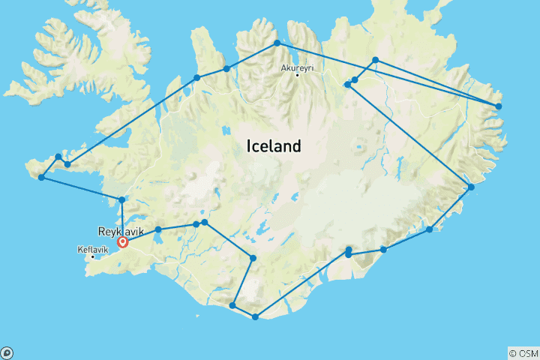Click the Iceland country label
pyautogui.click(x=273, y=146)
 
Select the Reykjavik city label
pyautogui.click(x=121, y=232)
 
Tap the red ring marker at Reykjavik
pyautogui.click(x=122, y=242)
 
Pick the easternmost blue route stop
pyautogui.click(x=499, y=106)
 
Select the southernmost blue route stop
pyautogui.click(x=256, y=317)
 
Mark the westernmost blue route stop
pyautogui.click(x=41, y=177)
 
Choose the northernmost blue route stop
pyautogui.click(x=277, y=43)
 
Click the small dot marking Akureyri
pyautogui.click(x=298, y=75)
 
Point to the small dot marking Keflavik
pyautogui.click(x=93, y=257)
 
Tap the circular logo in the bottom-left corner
pyautogui.click(x=7, y=352)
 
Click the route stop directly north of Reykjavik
pyautogui.click(x=121, y=199)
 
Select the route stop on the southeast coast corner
pyautogui.click(x=471, y=187)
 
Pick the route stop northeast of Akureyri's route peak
pyautogui.click(x=375, y=60)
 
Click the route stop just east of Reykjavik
pyautogui.click(x=158, y=229)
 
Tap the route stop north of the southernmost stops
pyautogui.click(x=253, y=259)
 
